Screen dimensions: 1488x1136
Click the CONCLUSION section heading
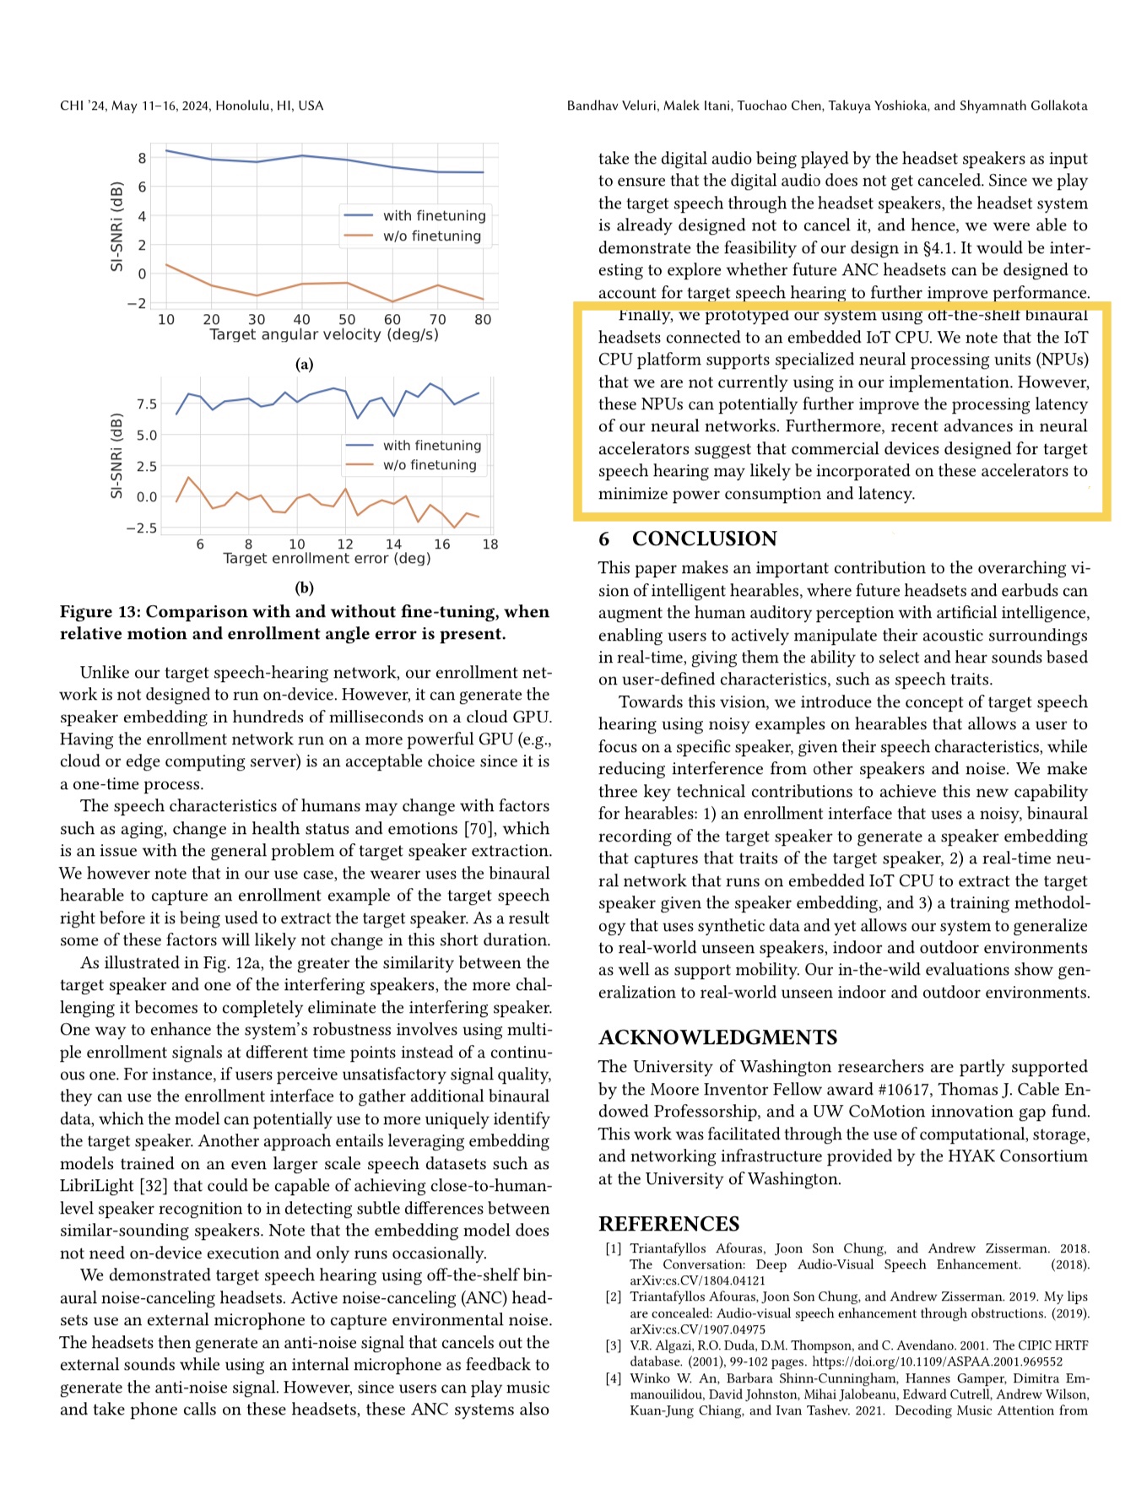pos(704,538)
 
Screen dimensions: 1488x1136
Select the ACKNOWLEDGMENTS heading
pos(717,1037)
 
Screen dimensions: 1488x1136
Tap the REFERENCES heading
pos(668,1224)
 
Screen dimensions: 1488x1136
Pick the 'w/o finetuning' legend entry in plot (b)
pos(429,465)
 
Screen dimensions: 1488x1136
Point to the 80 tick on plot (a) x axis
pos(483,320)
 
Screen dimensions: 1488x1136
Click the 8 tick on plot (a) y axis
pos(143,158)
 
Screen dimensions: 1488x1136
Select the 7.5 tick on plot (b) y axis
pos(147,404)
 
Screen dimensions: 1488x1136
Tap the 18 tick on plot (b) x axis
pos(490,544)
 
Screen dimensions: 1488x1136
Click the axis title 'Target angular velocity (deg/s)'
pos(324,334)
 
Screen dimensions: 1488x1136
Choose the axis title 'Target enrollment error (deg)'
pos(327,559)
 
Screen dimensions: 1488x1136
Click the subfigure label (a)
pos(304,365)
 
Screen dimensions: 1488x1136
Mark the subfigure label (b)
pos(304,588)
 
